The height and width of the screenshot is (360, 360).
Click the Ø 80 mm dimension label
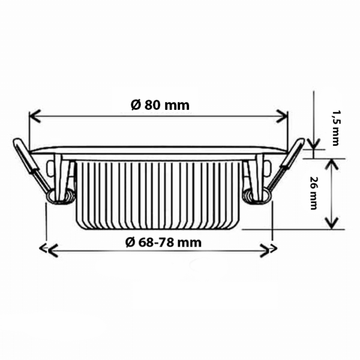tap(160, 105)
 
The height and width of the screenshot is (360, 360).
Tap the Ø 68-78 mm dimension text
tap(163, 242)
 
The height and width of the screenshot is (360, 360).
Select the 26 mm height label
tap(313, 193)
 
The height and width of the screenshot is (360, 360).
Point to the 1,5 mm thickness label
tap(337, 128)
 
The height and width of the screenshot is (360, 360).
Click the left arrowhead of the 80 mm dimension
tap(35, 116)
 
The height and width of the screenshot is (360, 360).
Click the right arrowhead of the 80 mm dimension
tap(282, 116)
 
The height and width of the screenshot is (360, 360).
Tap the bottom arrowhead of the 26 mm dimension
tap(332, 223)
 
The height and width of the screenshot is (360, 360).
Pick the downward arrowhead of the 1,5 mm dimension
tap(314, 143)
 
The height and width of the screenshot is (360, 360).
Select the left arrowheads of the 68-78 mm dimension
tap(49, 250)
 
